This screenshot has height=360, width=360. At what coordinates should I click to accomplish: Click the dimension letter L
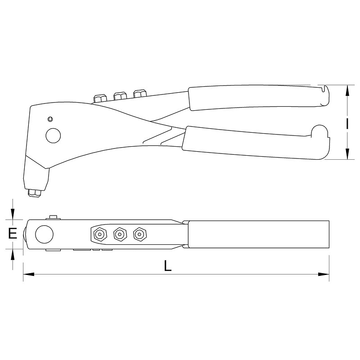168,265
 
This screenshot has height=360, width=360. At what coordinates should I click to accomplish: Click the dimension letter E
13,234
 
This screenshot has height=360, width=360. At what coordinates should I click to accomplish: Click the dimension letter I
347,123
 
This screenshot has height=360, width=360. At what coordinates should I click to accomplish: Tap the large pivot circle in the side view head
53,135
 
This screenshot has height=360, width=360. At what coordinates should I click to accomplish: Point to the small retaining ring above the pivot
50,119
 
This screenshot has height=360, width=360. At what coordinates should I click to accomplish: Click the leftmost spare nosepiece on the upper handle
100,98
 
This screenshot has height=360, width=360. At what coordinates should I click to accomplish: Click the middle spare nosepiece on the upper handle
120,96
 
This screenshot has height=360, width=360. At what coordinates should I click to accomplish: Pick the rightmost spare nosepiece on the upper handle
140,94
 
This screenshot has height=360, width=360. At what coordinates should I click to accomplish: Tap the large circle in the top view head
44,234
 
